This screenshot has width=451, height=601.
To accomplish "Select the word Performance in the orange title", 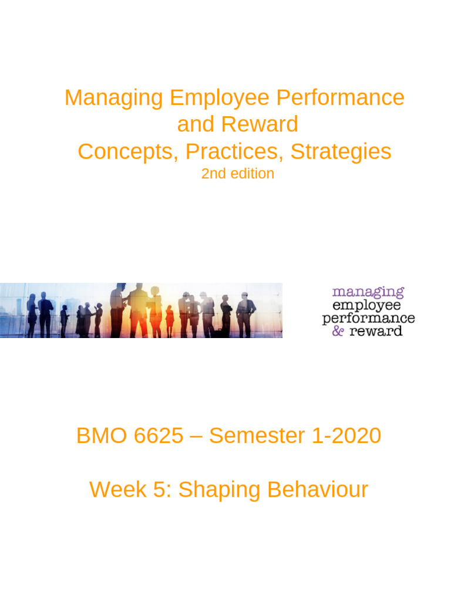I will click(337, 97).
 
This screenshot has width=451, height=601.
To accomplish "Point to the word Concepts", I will click(128, 151).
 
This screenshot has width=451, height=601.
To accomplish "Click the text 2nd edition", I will click(237, 174).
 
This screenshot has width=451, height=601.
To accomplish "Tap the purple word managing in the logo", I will click(368, 292).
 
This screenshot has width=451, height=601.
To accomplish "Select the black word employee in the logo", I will click(367, 305).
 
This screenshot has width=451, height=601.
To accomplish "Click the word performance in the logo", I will click(368, 318).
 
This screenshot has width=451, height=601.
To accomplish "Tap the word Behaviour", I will click(318, 489).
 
